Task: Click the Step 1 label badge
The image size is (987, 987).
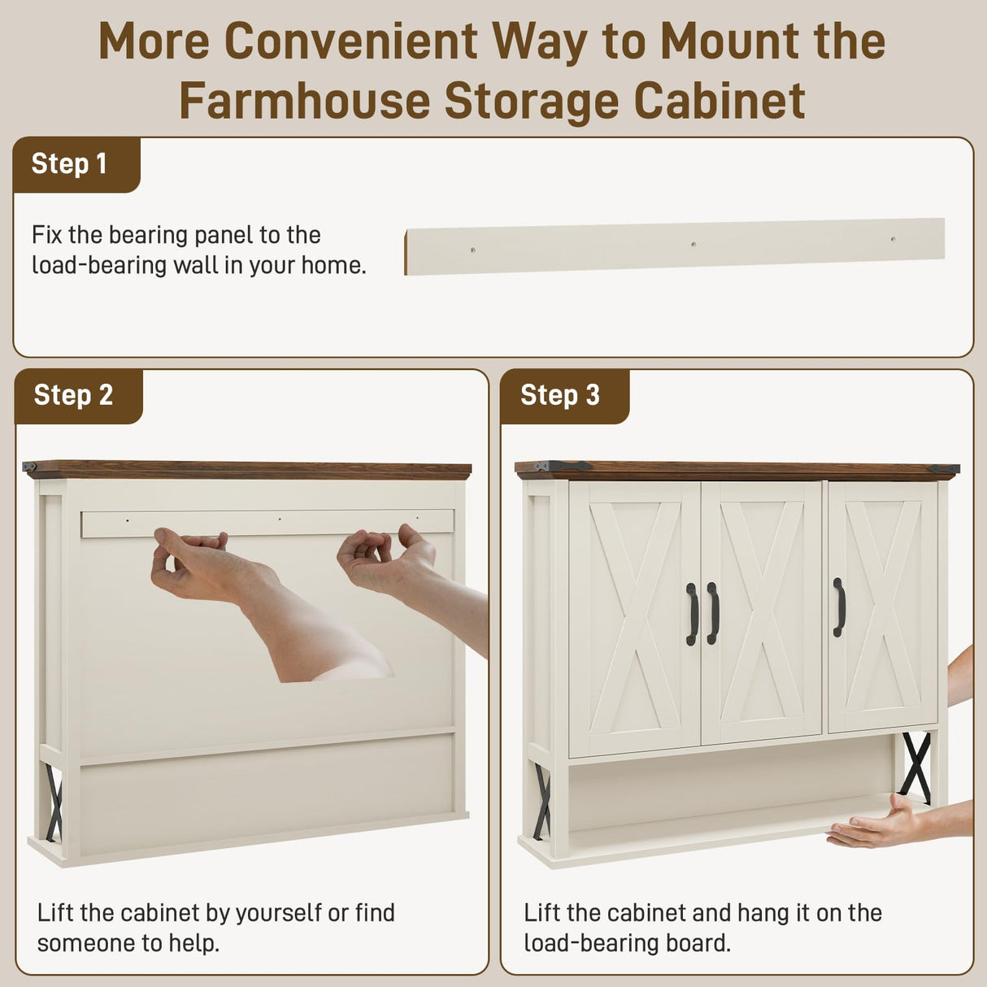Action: pyautogui.click(x=70, y=164)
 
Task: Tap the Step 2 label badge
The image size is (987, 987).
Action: pyautogui.click(x=73, y=395)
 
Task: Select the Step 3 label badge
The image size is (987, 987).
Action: pyautogui.click(x=560, y=395)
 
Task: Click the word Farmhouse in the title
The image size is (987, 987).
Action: pyautogui.click(x=304, y=101)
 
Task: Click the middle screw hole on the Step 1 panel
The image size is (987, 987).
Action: pyautogui.click(x=693, y=244)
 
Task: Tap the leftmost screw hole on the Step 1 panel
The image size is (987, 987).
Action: pyautogui.click(x=473, y=250)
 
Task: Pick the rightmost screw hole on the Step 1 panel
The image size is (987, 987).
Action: pyautogui.click(x=893, y=240)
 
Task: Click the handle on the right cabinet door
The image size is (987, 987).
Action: pyautogui.click(x=839, y=607)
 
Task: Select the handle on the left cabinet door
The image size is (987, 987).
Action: pyautogui.click(x=692, y=614)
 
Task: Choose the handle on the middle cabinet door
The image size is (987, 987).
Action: pyautogui.click(x=713, y=613)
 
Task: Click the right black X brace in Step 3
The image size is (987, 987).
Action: pyautogui.click(x=916, y=767)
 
